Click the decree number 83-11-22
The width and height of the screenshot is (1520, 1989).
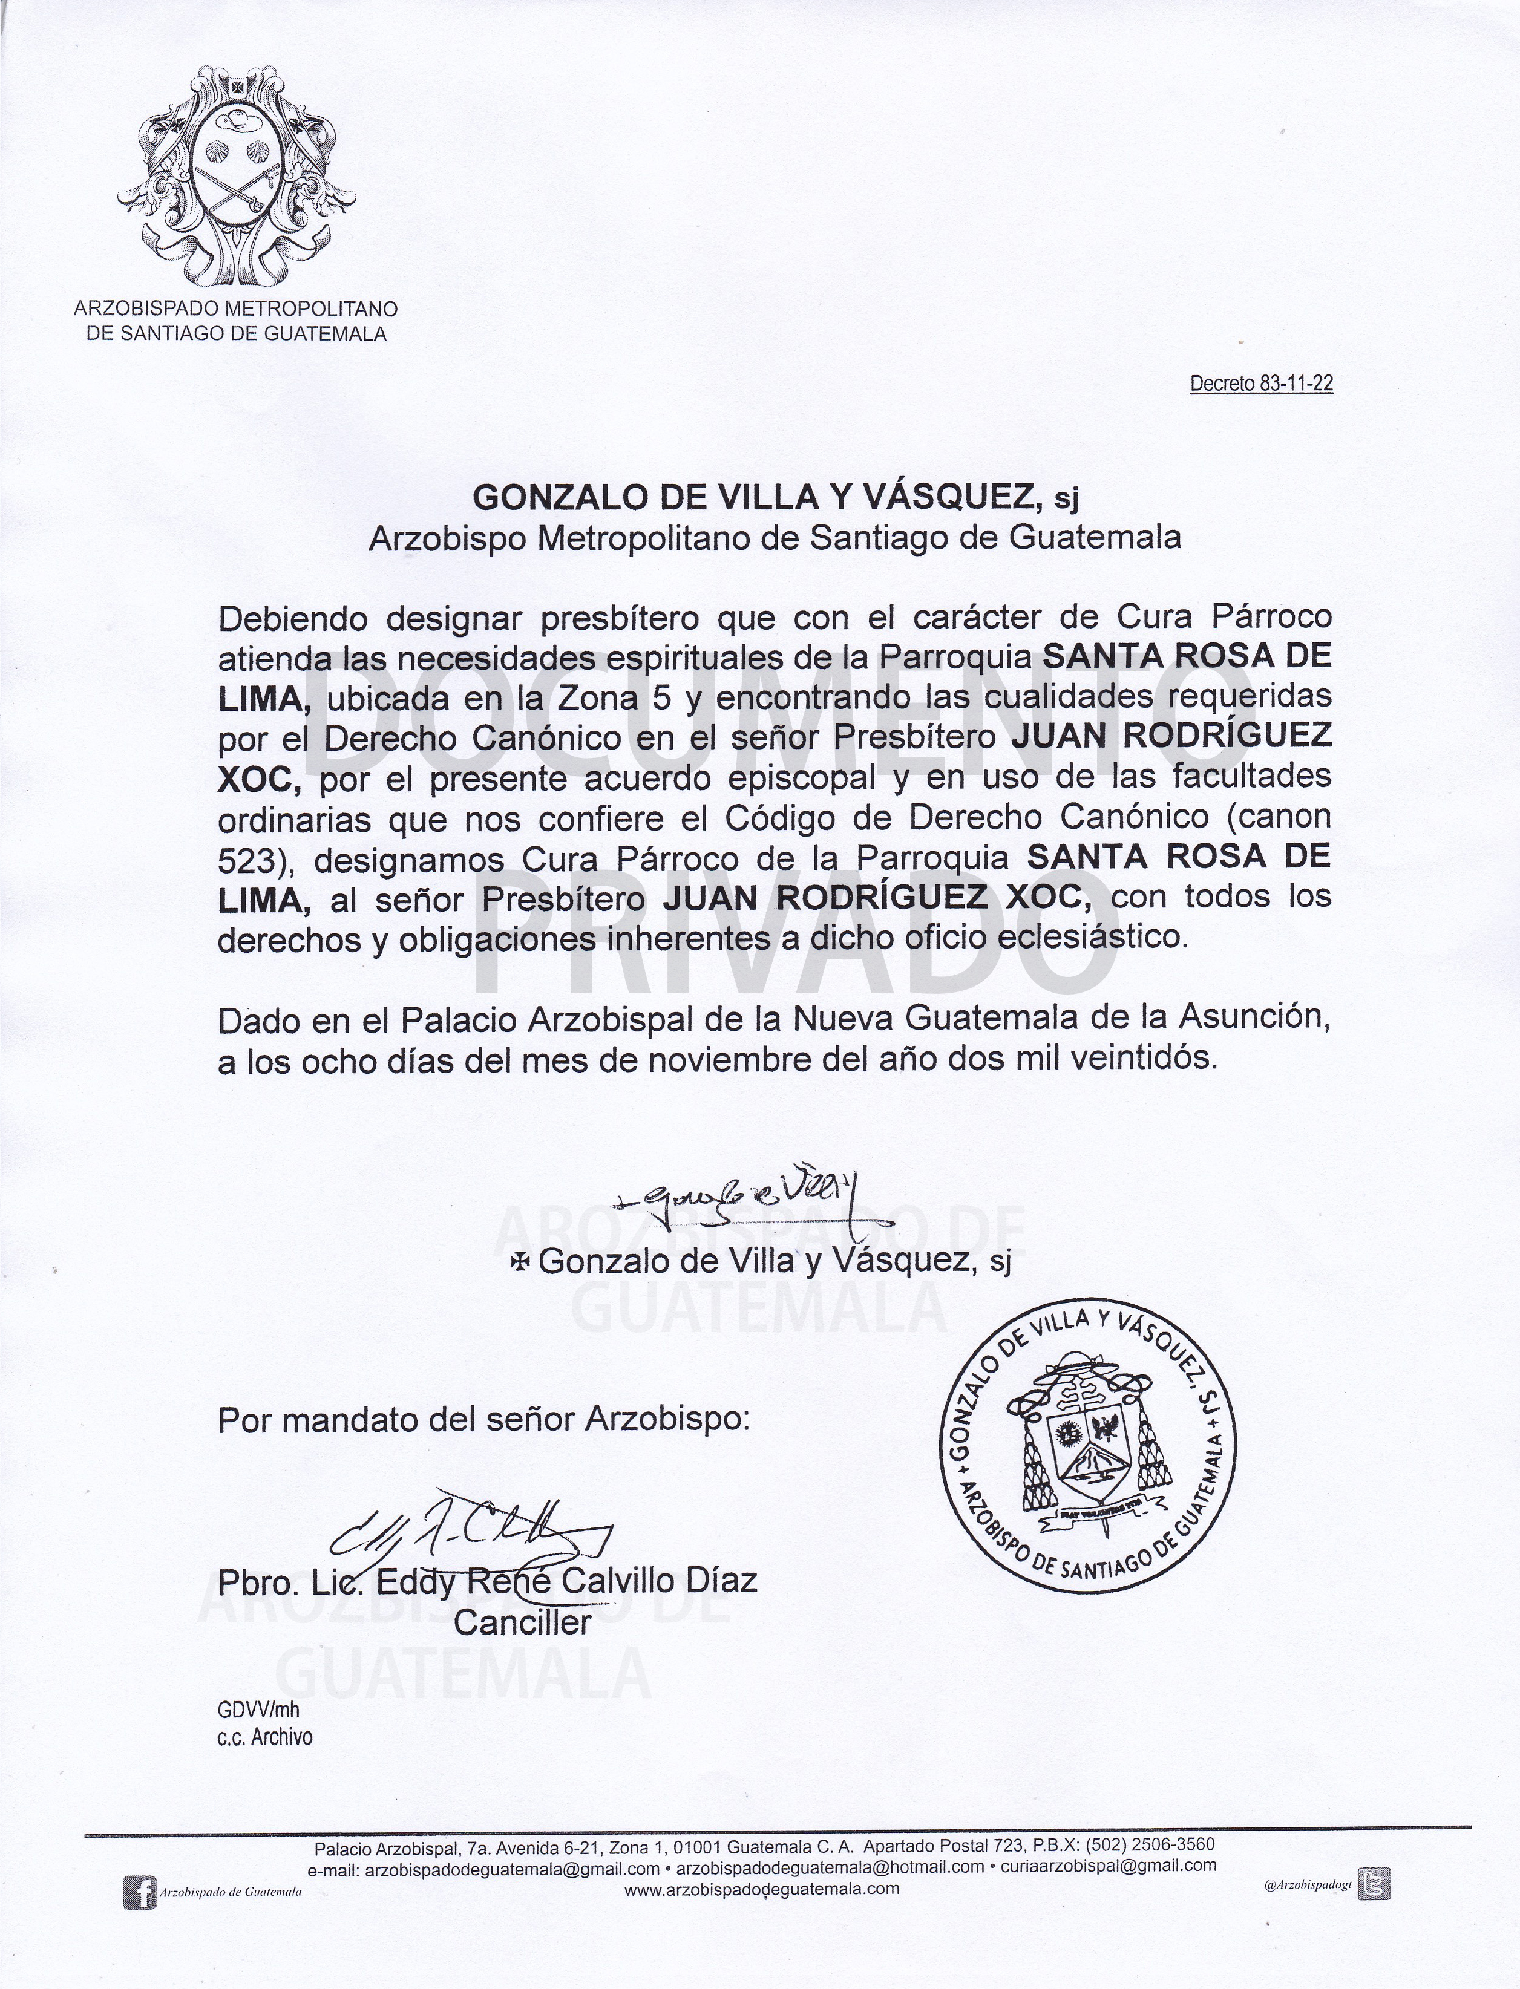[x=1260, y=384]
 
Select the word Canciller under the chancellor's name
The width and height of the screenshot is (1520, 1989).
[x=522, y=1622]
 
